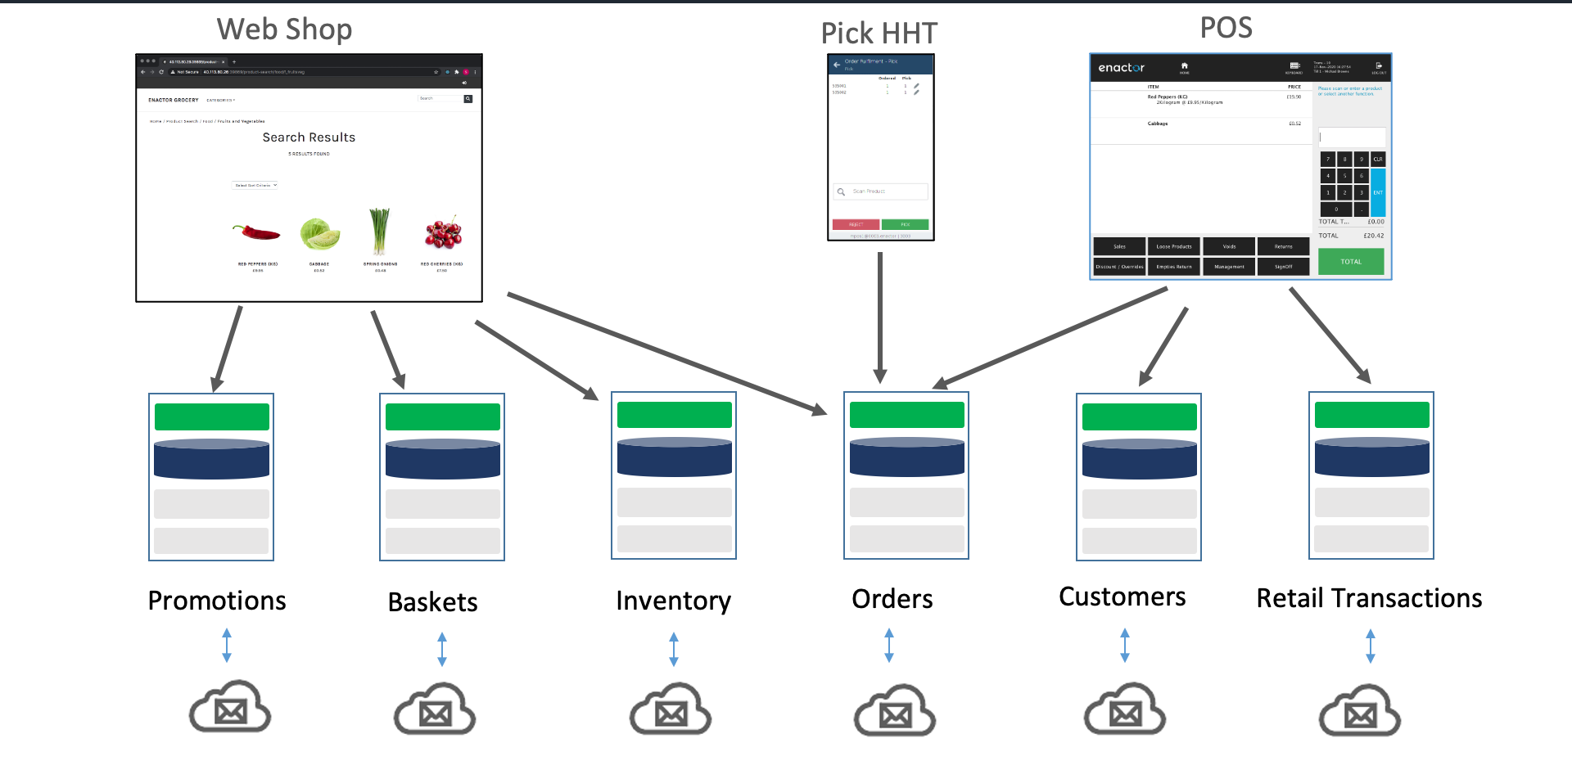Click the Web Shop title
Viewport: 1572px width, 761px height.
click(284, 29)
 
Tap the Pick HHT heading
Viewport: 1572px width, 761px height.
click(879, 34)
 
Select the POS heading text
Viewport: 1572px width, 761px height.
click(1226, 28)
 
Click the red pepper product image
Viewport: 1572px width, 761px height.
click(256, 233)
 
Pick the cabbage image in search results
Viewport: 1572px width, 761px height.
click(319, 234)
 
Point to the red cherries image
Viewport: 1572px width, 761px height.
click(443, 232)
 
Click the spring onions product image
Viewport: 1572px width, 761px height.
click(379, 231)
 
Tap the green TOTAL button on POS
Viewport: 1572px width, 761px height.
click(1351, 262)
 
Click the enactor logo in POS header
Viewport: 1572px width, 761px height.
click(1121, 68)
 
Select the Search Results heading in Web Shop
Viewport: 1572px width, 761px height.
click(309, 137)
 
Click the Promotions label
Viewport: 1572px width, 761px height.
click(217, 601)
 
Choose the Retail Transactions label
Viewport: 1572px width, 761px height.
click(1369, 598)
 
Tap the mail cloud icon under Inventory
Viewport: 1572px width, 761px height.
click(671, 710)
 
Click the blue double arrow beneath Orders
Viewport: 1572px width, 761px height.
click(889, 646)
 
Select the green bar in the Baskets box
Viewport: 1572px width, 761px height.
click(442, 417)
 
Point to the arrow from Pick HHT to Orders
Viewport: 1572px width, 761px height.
click(880, 319)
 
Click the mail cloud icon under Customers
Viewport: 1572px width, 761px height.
click(1125, 710)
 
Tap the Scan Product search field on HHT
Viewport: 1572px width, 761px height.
click(881, 191)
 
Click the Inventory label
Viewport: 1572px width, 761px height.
click(673, 601)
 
